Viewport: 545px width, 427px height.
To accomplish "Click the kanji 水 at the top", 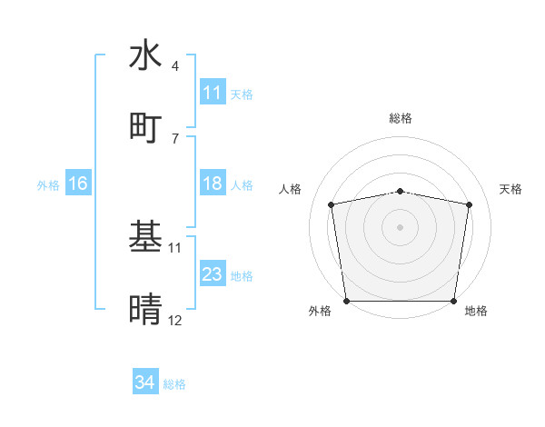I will (x=145, y=55).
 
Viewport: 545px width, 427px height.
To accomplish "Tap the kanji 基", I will (x=145, y=236).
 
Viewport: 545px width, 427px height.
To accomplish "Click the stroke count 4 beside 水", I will (x=174, y=66).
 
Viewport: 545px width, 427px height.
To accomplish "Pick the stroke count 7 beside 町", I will (x=174, y=138).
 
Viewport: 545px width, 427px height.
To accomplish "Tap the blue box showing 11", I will (x=213, y=93).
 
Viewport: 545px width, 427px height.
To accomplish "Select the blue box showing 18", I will (x=213, y=184).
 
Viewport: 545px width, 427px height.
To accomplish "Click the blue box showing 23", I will (x=213, y=274).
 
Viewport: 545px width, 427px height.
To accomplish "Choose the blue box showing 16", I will (x=78, y=184).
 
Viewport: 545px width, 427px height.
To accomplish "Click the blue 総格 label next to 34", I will (x=174, y=384).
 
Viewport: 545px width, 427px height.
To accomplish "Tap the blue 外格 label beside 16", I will (x=48, y=184).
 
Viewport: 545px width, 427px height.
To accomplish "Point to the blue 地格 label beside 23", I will (x=242, y=275).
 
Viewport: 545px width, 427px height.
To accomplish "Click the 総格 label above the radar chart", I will (x=401, y=118).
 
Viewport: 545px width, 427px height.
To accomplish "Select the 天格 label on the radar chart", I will (x=511, y=189).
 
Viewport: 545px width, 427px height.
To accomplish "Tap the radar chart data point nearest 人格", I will (x=332, y=204).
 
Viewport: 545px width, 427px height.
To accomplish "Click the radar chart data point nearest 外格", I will (x=346, y=301).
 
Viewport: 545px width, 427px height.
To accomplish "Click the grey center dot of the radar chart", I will (x=401, y=226).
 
